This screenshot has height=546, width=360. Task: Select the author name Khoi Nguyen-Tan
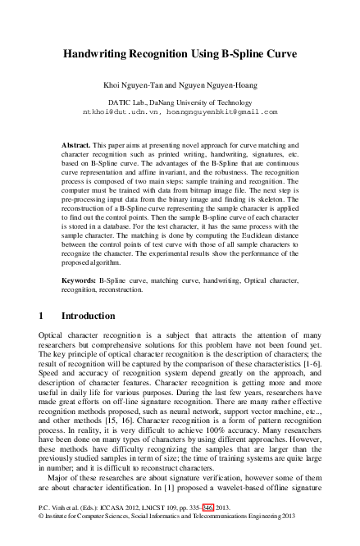point(130,84)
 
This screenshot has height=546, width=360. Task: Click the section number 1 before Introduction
point(42,315)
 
